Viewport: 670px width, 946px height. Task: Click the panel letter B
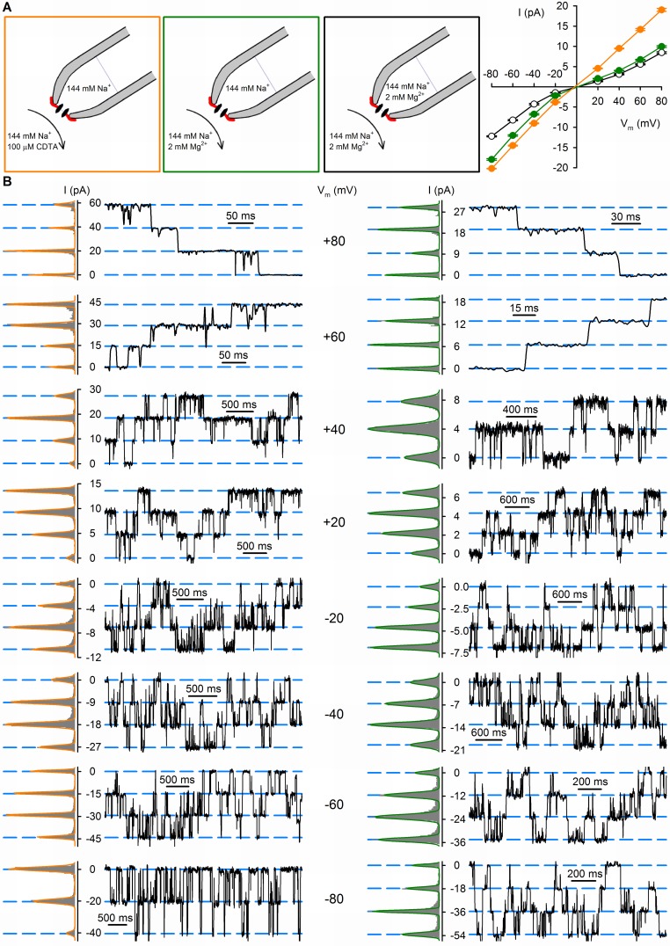(8, 182)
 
